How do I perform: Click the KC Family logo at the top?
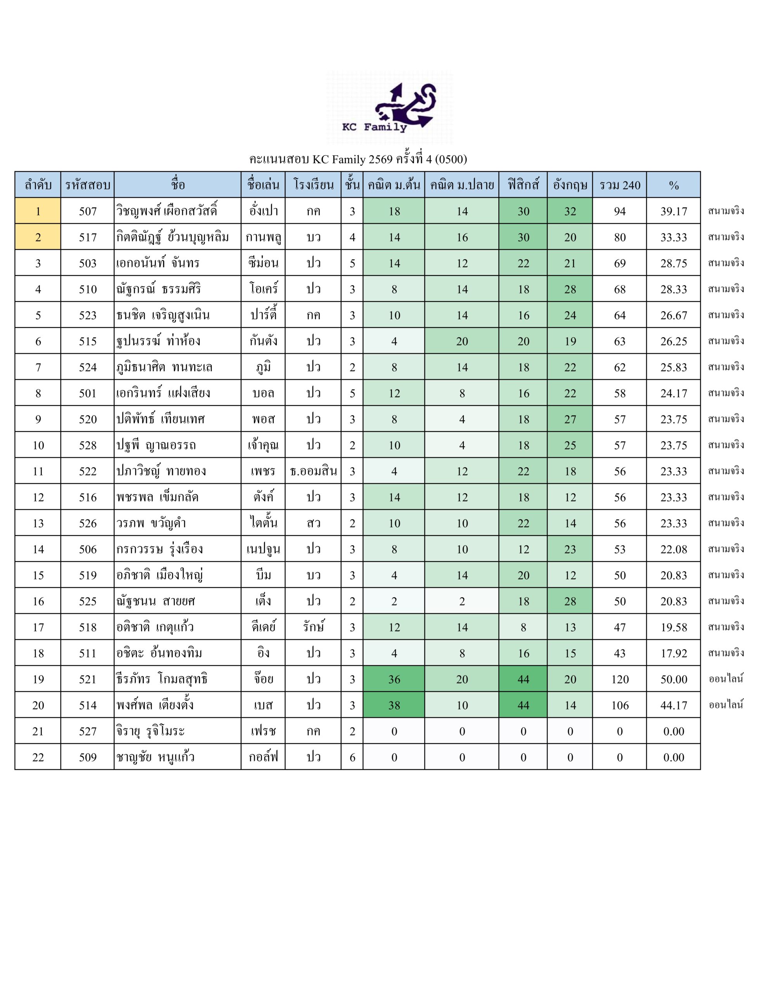point(389,108)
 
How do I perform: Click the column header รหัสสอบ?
point(87,185)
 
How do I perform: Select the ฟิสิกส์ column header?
point(523,185)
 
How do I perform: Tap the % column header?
point(673,185)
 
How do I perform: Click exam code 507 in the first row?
point(87,211)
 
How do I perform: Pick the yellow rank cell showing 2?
point(38,237)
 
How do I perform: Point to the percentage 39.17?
point(673,211)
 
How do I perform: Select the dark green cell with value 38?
point(394,705)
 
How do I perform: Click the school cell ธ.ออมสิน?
point(313,472)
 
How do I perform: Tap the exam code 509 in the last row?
point(87,757)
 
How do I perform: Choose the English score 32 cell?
point(570,211)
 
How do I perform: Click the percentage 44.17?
point(673,705)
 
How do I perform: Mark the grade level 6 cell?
point(352,757)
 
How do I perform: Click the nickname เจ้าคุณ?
point(263,446)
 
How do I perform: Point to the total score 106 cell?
point(619,705)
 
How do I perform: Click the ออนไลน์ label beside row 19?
point(726,679)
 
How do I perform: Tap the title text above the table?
point(358,159)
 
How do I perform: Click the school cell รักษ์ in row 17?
point(313,627)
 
